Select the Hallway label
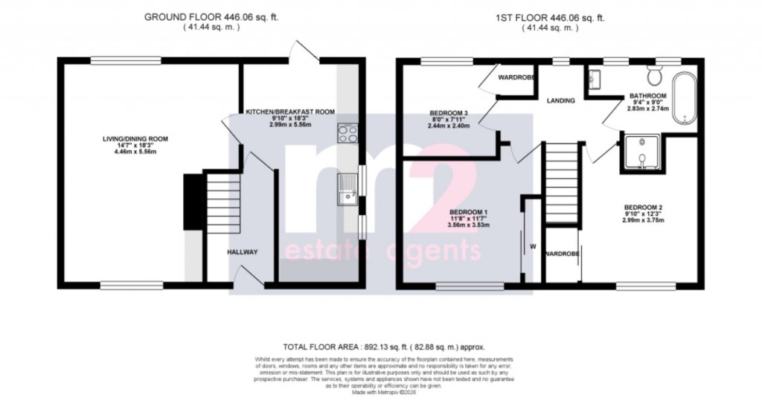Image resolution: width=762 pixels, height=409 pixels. click(x=243, y=252)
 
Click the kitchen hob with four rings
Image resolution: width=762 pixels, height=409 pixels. click(x=348, y=133)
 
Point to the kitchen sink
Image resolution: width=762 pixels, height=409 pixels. click(x=348, y=187)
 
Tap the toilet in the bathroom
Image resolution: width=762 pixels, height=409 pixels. click(x=655, y=75)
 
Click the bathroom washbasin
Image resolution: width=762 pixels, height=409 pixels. click(x=595, y=78)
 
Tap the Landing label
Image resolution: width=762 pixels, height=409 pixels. click(x=560, y=100)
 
